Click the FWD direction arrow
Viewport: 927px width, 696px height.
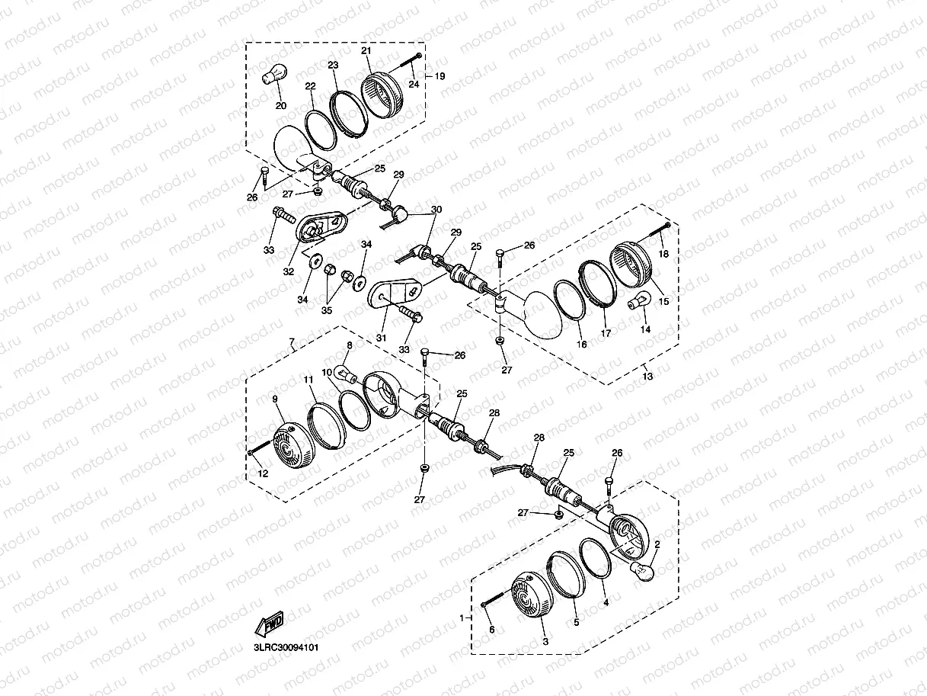click(269, 624)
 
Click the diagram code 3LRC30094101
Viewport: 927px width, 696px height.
click(286, 648)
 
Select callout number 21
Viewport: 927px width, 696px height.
click(366, 50)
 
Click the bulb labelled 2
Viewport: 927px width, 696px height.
click(642, 570)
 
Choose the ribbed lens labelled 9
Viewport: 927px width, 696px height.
click(294, 444)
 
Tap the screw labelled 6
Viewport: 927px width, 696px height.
click(493, 600)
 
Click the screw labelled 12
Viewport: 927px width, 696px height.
click(260, 447)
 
